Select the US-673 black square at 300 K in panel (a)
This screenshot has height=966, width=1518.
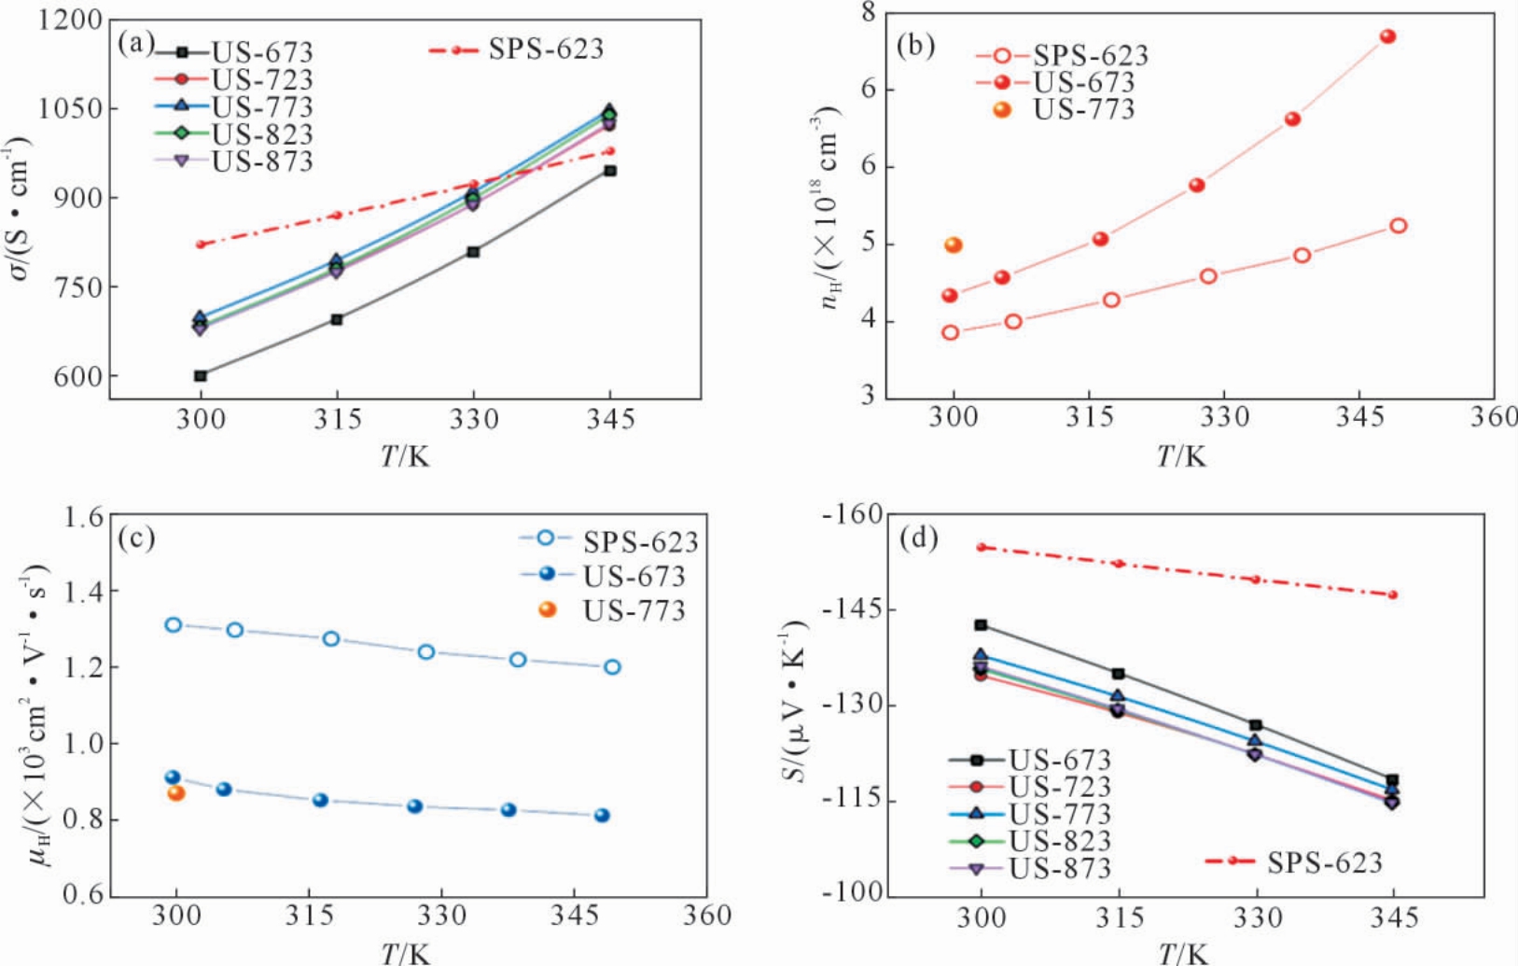pos(201,376)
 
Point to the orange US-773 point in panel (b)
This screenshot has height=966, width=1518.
pos(953,245)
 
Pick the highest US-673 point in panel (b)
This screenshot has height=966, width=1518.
pos(1387,37)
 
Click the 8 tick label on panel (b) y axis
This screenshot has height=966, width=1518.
pos(868,13)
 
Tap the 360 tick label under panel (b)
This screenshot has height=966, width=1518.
pos(1492,417)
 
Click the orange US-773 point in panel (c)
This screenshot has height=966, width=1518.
pos(176,793)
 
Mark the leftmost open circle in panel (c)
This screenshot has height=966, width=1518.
pos(174,624)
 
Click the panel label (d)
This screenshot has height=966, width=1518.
pos(917,539)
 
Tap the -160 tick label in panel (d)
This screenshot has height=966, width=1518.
pos(853,514)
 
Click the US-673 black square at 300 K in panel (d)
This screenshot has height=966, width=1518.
pos(981,625)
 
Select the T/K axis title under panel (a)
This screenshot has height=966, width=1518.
pos(405,456)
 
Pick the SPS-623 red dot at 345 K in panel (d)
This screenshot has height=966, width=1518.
pos(1393,595)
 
